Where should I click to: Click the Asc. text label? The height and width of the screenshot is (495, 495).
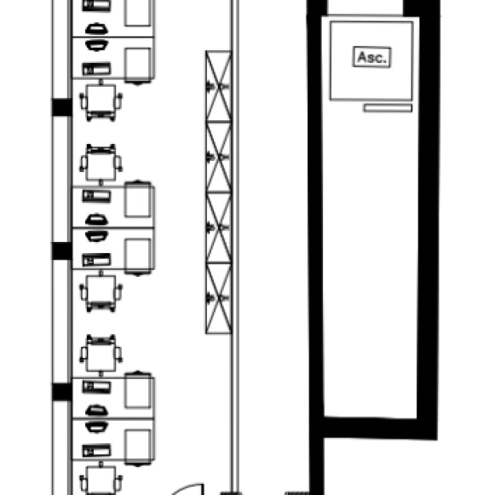[x=371, y=57]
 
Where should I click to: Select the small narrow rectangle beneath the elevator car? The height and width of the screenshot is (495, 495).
[x=388, y=108]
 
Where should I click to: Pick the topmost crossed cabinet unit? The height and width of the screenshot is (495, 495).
[x=218, y=86]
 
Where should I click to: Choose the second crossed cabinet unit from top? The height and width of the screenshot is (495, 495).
[x=218, y=157]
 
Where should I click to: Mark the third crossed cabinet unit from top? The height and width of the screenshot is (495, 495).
[x=218, y=227]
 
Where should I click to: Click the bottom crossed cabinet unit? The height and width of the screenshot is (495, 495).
[x=218, y=298]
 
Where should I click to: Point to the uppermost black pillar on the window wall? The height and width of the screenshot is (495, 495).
[x=62, y=107]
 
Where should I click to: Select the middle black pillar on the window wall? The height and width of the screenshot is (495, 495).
[x=62, y=251]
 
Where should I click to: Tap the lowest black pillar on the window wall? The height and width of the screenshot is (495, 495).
[x=62, y=392]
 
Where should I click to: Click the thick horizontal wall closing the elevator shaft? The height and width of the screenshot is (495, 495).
[x=380, y=428]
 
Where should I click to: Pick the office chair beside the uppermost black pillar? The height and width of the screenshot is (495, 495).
[x=101, y=101]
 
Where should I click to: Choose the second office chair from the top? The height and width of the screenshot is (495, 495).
[x=101, y=164]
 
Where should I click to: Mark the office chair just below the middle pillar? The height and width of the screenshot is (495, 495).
[x=101, y=291]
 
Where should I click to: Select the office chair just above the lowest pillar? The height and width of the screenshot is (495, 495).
[x=101, y=355]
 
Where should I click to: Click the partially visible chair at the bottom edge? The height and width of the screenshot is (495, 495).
[x=101, y=479]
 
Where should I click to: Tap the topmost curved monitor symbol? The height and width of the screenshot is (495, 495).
[x=96, y=29]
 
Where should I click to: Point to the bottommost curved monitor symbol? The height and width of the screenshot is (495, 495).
[x=96, y=427]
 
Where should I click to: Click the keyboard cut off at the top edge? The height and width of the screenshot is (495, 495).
[x=96, y=5]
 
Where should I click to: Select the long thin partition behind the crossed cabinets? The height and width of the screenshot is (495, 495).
[x=234, y=246]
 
